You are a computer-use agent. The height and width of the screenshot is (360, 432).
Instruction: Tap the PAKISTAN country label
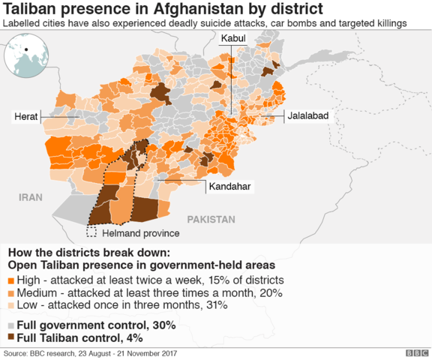coord(211,219)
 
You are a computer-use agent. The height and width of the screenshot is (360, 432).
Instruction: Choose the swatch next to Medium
coord(10,293)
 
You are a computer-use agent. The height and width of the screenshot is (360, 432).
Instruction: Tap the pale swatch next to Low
coord(10,306)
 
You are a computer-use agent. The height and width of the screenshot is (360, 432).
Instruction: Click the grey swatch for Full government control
coord(10,325)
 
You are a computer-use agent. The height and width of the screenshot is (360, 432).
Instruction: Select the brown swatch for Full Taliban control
coord(10,338)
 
